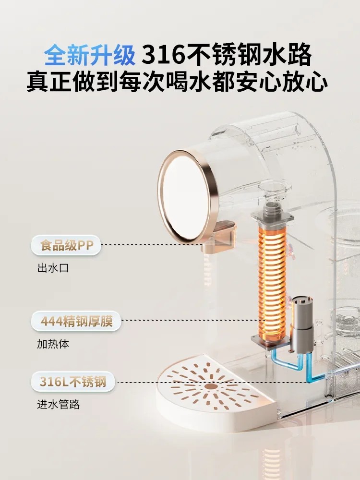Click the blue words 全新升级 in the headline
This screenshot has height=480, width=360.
[x=90, y=56]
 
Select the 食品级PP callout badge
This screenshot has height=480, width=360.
[x=66, y=246]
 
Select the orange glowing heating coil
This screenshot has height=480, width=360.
[x=272, y=283]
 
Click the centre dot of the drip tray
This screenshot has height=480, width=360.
[x=210, y=386]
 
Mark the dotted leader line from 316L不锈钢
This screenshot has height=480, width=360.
[x=211, y=382]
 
